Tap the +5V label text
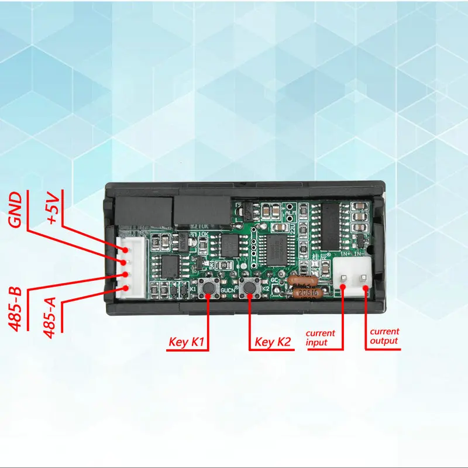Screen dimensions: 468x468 (x=54, y=208)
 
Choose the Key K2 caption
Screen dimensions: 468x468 (x=273, y=342)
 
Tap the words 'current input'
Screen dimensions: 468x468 (x=319, y=338)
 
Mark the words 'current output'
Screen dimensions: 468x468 (x=384, y=336)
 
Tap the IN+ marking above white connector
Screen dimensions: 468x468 (x=344, y=255)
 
